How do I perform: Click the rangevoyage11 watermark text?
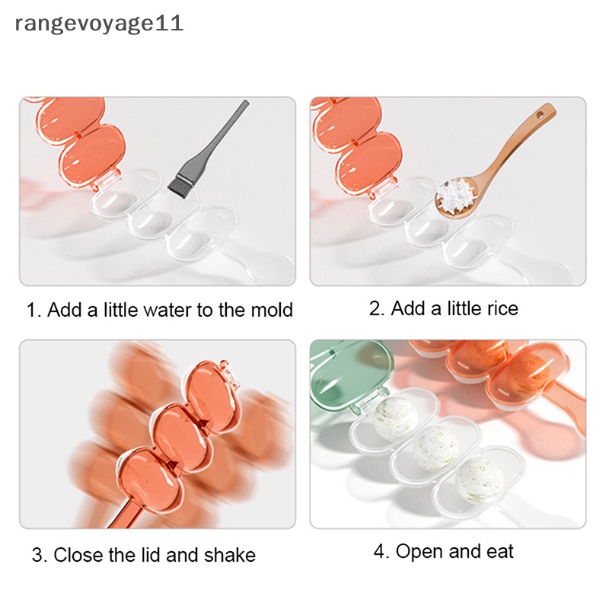coord(99,24)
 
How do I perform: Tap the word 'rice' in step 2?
coord(499,308)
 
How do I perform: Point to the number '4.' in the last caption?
coord(381,552)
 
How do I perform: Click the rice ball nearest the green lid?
coord(395,416)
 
